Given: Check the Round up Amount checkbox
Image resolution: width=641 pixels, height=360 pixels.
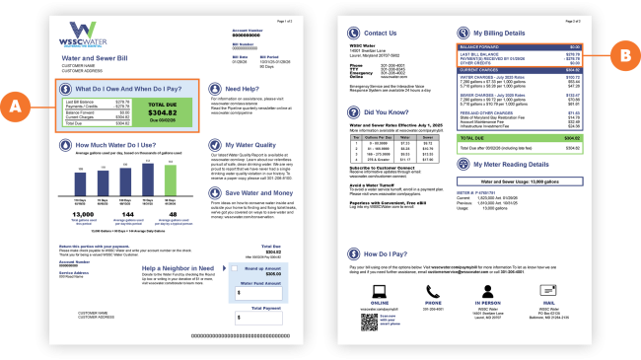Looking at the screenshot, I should tap(237, 266).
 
